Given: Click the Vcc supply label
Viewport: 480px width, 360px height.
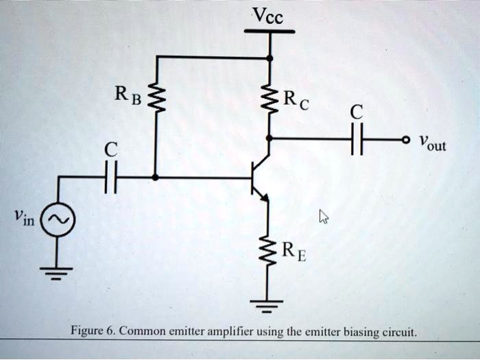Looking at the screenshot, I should pyautogui.click(x=269, y=15).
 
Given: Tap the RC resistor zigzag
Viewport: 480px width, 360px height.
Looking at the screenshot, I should pyautogui.click(x=269, y=103).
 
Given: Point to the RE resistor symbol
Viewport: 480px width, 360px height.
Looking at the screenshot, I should pyautogui.click(x=269, y=252).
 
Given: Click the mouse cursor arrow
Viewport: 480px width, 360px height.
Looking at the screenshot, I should pyautogui.click(x=324, y=217).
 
